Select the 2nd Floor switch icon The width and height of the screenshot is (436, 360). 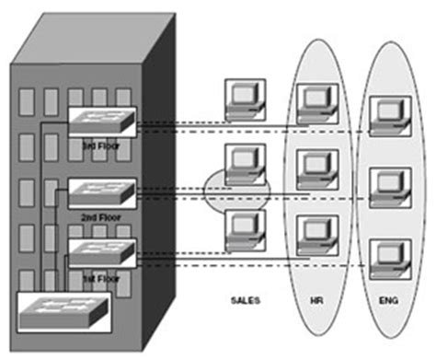pyautogui.click(x=102, y=192)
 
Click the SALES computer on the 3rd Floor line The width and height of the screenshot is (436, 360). pyautogui.click(x=245, y=101)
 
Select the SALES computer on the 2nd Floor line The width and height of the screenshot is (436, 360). pyautogui.click(x=245, y=165)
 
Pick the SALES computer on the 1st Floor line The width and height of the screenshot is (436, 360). pyautogui.click(x=245, y=230)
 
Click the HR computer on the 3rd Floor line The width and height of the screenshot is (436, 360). pyautogui.click(x=315, y=103)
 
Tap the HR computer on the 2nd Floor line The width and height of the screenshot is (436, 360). pyautogui.click(x=315, y=169)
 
